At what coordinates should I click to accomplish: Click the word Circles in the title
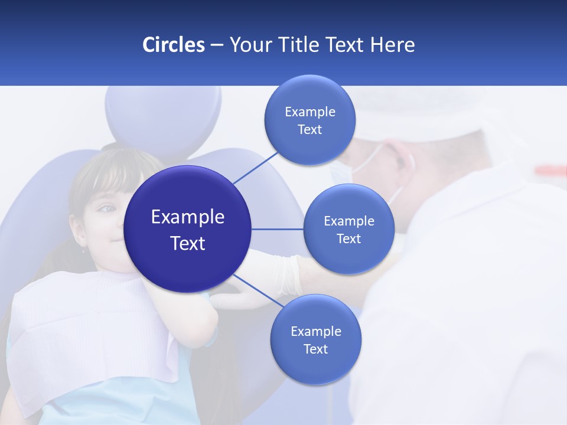click(x=173, y=45)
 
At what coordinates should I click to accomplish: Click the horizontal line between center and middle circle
click(x=278, y=229)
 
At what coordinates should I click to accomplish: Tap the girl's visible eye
click(x=107, y=208)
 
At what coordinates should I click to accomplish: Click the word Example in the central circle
click(x=188, y=217)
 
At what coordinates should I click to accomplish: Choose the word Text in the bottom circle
click(x=315, y=349)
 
